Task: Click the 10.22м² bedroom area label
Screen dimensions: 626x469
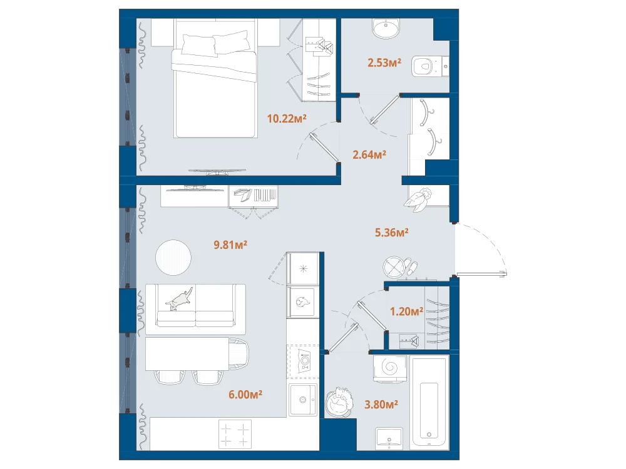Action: (287, 118)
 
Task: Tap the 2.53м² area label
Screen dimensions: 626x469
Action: (384, 63)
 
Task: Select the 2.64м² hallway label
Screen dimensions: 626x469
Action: (369, 154)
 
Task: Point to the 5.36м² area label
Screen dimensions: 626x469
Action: (391, 232)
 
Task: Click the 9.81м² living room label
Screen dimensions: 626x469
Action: (230, 245)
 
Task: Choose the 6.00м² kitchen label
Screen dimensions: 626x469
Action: (245, 395)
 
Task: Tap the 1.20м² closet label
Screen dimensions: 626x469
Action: (406, 311)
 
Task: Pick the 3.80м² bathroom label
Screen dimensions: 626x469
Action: (381, 405)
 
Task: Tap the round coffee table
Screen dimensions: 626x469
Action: (173, 257)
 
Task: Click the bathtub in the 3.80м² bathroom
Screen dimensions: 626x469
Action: (430, 401)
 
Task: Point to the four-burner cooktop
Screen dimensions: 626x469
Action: (235, 434)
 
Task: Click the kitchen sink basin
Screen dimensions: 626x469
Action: (303, 400)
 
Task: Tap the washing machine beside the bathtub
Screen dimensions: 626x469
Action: (389, 368)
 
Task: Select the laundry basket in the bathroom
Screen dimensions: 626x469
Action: (340, 402)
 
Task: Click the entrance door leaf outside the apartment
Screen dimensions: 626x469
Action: (481, 274)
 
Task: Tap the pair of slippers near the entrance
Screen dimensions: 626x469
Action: (411, 266)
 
